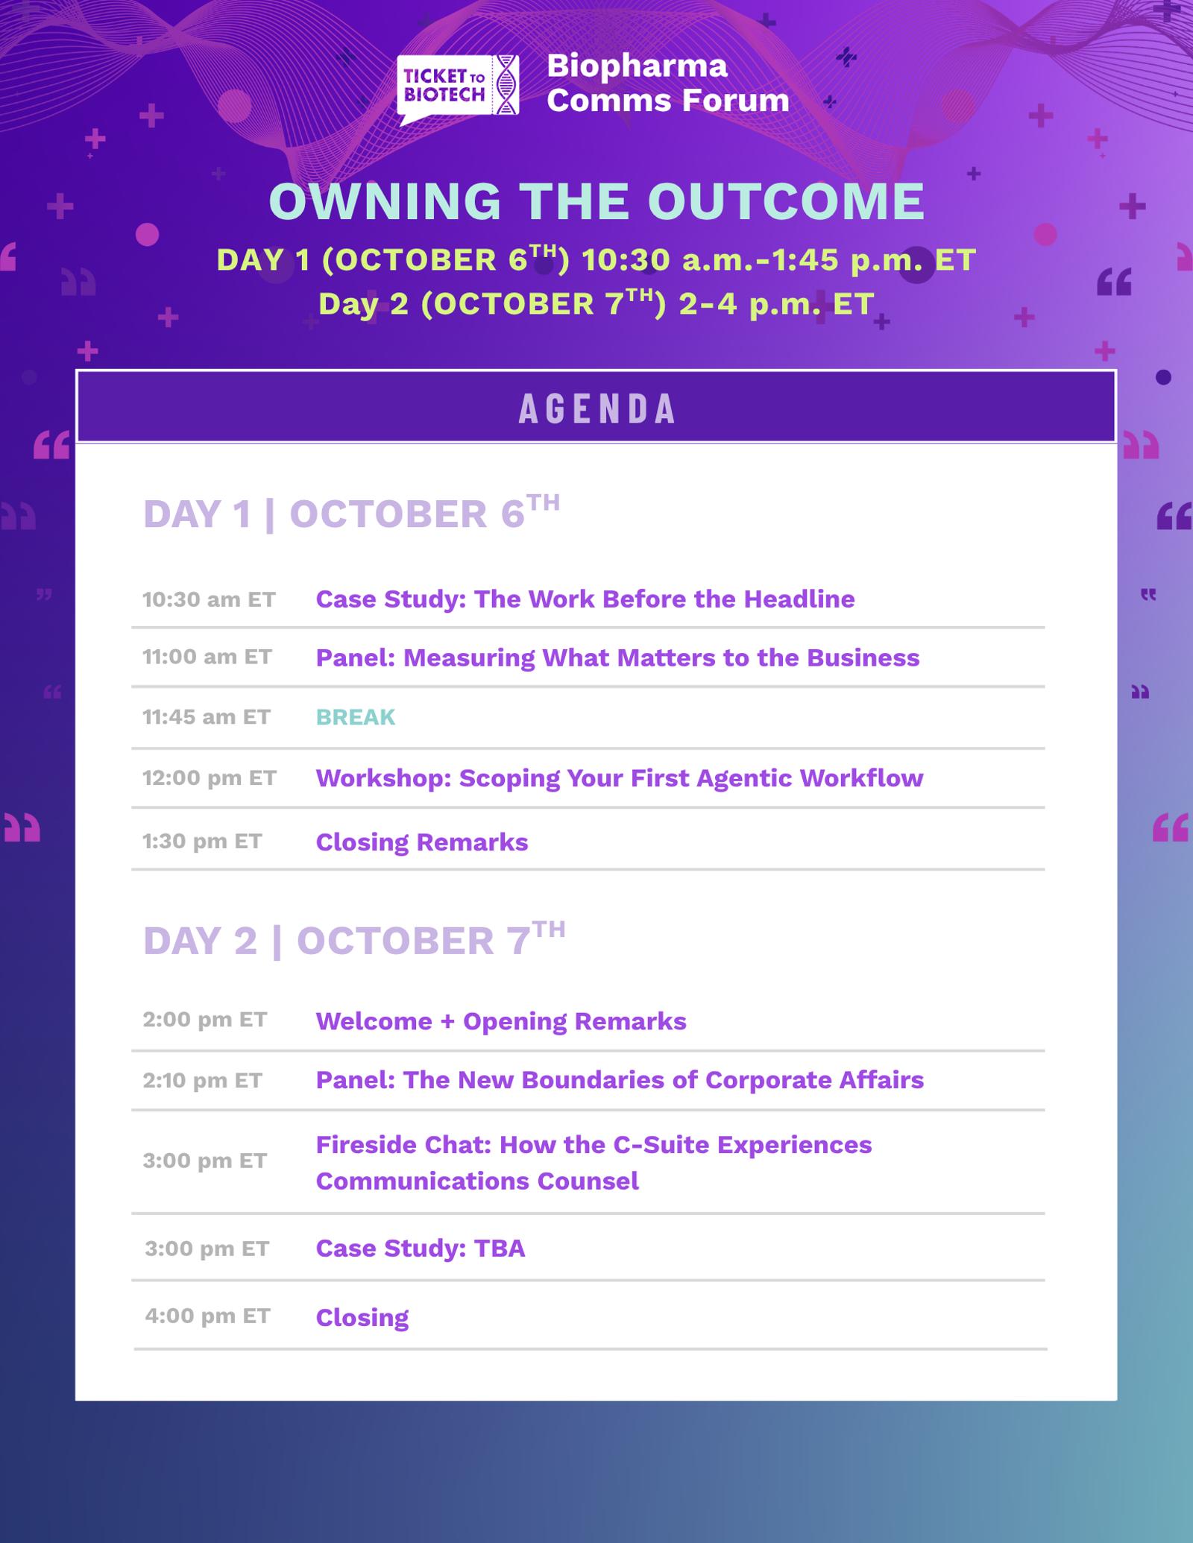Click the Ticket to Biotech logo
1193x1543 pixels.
point(458,88)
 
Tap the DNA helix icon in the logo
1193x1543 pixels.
point(509,85)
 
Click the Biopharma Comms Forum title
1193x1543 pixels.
point(668,83)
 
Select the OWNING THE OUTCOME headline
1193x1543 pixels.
point(596,201)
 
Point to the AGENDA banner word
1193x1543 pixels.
point(596,408)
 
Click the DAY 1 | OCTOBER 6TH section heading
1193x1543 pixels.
point(351,512)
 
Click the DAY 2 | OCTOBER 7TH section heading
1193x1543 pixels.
point(354,938)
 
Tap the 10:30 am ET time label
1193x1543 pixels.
point(209,599)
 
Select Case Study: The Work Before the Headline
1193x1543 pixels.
point(585,599)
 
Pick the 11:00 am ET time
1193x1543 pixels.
point(207,657)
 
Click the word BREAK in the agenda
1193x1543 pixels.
point(356,717)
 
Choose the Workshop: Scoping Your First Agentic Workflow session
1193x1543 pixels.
point(620,778)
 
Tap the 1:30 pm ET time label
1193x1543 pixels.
point(202,842)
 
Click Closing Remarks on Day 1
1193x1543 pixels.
point(422,842)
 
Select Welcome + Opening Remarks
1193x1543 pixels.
point(501,1021)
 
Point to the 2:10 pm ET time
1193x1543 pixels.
point(202,1080)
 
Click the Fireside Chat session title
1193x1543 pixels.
point(594,1163)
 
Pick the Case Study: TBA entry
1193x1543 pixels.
point(421,1249)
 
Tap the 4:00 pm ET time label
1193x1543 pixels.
point(207,1316)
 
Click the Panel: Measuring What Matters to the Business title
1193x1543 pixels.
point(618,657)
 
